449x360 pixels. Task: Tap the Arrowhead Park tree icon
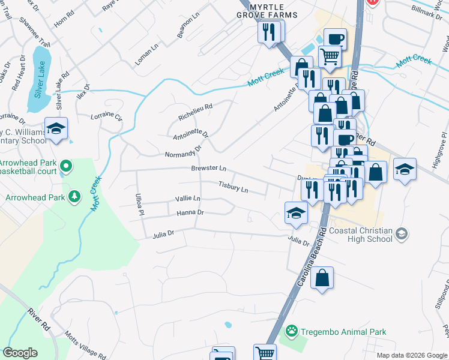[x=74, y=197]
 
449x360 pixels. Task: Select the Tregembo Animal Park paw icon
[x=292, y=331]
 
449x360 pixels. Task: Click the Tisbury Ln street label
[x=233, y=187]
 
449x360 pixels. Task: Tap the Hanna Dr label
[x=190, y=212]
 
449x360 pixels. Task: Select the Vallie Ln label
[x=187, y=198]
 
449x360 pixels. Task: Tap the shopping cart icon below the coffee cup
[x=330, y=57]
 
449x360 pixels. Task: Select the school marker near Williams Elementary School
[x=56, y=128]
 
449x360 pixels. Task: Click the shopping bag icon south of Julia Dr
[x=322, y=278]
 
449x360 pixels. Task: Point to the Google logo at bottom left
[x=20, y=352]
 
